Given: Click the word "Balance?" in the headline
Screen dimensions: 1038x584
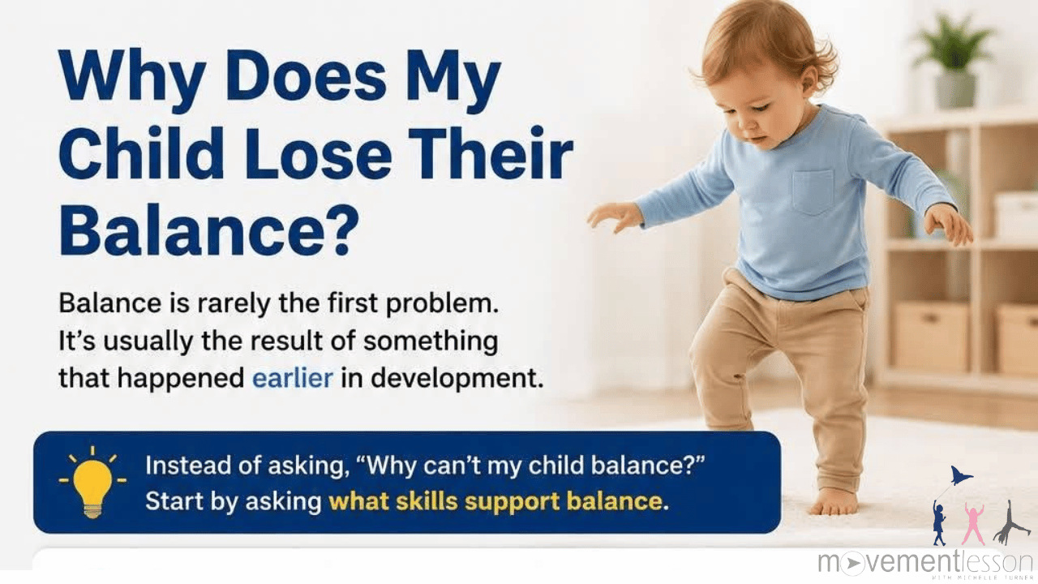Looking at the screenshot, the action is (x=209, y=230).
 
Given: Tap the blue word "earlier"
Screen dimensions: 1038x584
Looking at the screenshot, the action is (x=293, y=378).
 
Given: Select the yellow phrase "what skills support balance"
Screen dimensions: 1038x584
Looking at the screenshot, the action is (x=495, y=501).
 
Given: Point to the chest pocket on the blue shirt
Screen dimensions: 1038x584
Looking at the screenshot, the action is (x=813, y=192).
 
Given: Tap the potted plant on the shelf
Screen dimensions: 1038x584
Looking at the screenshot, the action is (x=953, y=60).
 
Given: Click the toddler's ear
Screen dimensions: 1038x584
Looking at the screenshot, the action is (x=809, y=79).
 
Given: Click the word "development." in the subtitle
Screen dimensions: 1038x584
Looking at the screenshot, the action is (x=457, y=379).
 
